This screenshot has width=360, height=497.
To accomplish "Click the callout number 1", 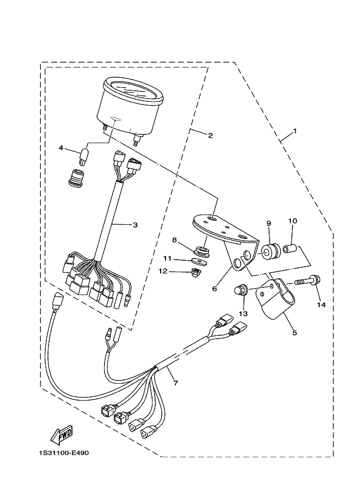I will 295,131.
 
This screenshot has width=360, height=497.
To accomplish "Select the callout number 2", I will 210,136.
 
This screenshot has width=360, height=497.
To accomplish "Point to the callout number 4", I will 62,148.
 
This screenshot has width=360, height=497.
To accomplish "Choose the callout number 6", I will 215,289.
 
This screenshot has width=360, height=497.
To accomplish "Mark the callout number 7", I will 175,383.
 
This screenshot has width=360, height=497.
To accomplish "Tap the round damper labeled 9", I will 269,251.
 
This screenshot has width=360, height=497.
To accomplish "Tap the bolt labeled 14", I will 307,283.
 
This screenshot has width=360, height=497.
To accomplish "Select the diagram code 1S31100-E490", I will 63,453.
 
